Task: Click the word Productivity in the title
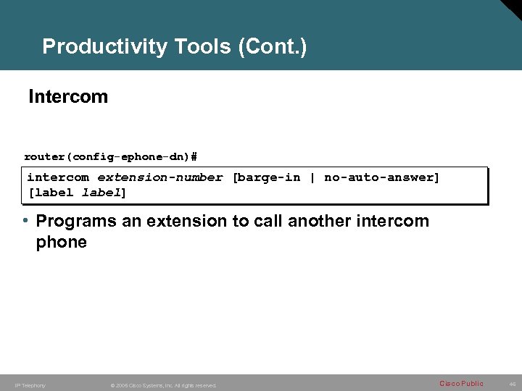pos(105,48)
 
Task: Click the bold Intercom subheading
pos(68,97)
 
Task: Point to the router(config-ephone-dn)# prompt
pos(111,156)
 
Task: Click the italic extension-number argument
pos(160,177)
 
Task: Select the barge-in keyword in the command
pos(268,177)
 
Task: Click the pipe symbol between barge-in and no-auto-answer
pos(312,177)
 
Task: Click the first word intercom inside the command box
pos(58,177)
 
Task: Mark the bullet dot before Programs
pos(25,221)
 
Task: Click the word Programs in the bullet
pos(76,222)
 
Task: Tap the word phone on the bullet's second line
pos(62,243)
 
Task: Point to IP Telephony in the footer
pos(30,385)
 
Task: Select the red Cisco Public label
pos(461,383)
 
